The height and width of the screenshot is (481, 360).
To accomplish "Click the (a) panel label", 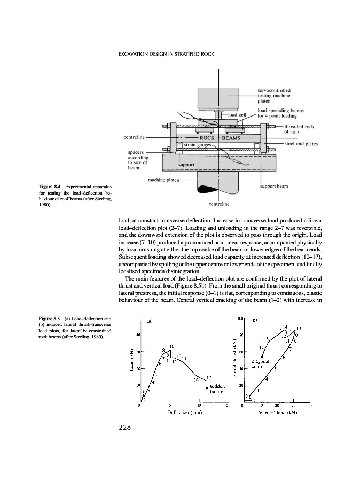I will pos(150,322).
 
